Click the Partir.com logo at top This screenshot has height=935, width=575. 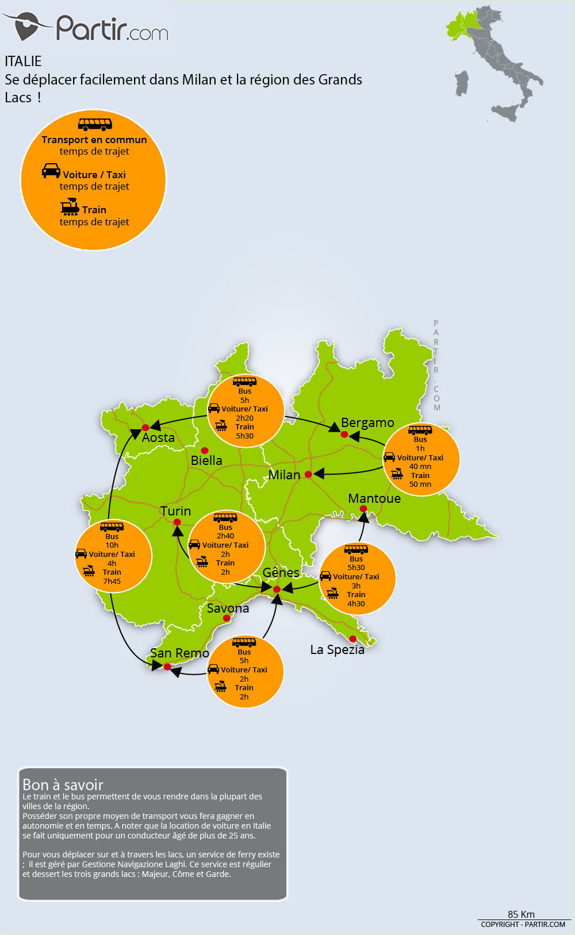86,27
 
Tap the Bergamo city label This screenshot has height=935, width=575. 367,423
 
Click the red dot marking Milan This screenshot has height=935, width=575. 308,474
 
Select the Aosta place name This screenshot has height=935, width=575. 158,437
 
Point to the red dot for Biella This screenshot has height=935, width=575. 204,450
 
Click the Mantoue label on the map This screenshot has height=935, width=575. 374,498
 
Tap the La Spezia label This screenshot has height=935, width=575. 337,649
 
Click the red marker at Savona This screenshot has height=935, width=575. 227,618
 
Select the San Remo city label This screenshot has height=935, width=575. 179,653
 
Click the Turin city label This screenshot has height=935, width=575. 175,511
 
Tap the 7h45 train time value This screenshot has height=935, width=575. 112,582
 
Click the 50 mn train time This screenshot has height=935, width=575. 420,484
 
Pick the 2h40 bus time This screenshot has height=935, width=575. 225,536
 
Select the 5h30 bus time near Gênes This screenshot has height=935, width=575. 356,568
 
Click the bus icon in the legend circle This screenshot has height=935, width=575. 95,124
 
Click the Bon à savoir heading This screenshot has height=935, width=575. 63,784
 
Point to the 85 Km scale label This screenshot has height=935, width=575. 521,914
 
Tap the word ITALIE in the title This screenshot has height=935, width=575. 23,61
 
